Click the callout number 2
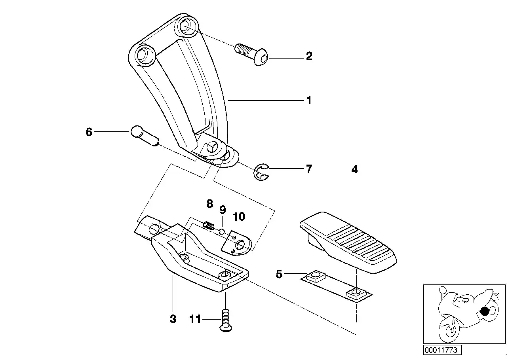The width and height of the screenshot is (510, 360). click(x=309, y=56)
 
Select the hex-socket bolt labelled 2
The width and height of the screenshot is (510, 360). click(x=251, y=55)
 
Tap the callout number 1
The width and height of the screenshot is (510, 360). click(x=309, y=100)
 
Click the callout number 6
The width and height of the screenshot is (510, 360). click(x=89, y=132)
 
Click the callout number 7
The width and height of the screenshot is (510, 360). click(x=309, y=169)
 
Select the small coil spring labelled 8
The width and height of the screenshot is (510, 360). click(x=209, y=225)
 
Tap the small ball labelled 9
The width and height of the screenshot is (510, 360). click(x=223, y=231)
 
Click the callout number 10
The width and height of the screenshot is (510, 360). click(x=239, y=216)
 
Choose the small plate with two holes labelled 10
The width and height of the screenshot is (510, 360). click(x=237, y=243)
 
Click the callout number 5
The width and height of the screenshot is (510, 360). click(x=279, y=274)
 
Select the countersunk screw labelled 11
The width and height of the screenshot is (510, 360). click(x=225, y=320)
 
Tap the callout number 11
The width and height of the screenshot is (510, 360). click(x=195, y=319)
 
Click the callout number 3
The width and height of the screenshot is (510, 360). click(x=173, y=319)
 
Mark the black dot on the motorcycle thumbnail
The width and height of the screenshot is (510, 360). click(x=484, y=311)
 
